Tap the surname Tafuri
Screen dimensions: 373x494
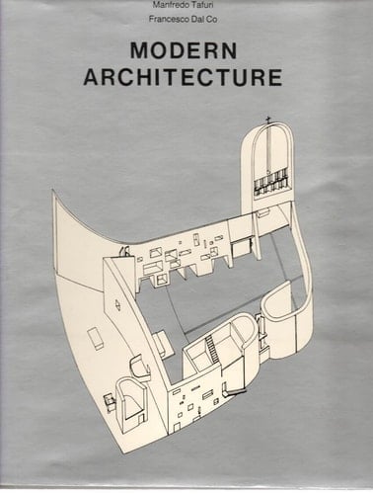(x=210, y=7)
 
